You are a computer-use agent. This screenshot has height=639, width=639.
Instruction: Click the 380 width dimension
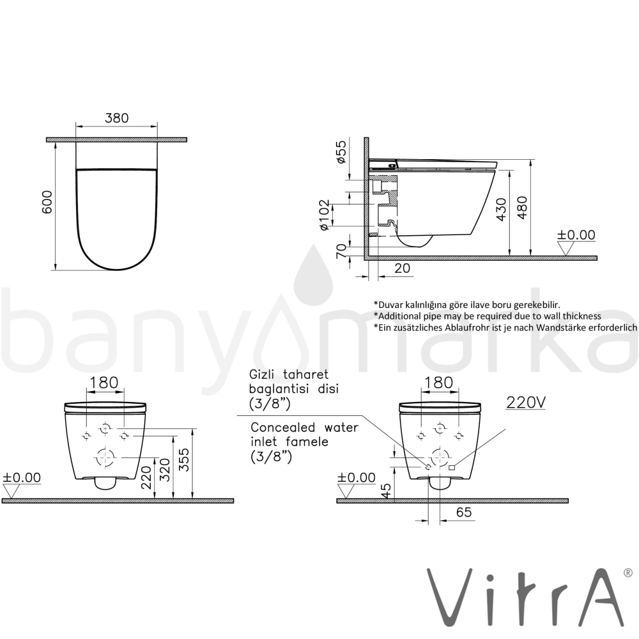coord(116,118)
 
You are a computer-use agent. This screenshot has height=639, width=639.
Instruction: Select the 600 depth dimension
coord(47,202)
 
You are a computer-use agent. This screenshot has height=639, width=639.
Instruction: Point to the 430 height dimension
coord(502,210)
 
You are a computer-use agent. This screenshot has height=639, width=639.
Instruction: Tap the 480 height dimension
coord(522,208)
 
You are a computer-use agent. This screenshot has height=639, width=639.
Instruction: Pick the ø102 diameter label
coord(324,215)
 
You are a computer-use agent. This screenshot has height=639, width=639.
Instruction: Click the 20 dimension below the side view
coord(402,268)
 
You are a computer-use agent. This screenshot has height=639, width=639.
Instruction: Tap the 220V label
coord(525,402)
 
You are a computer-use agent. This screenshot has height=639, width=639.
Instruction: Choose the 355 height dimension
coord(185,459)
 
